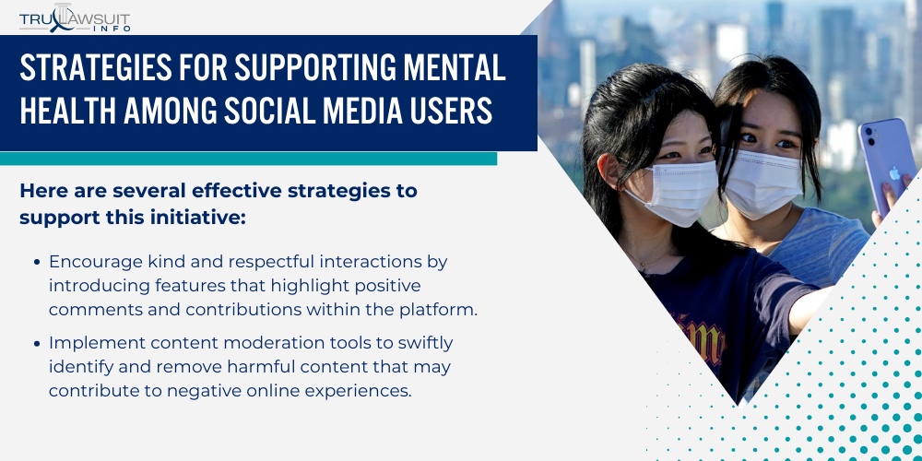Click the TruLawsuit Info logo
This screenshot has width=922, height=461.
tap(76, 17)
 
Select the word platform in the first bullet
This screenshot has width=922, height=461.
tap(441, 309)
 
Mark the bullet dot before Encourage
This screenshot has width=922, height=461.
tap(37, 262)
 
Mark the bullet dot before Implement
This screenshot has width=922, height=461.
tap(37, 344)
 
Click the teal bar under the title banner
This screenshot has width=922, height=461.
tap(249, 159)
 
